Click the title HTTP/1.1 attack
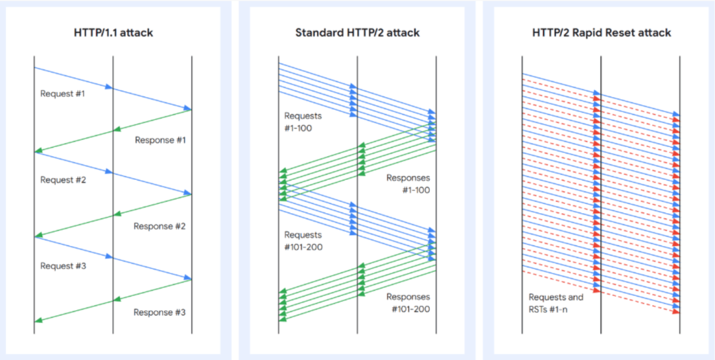point(113,33)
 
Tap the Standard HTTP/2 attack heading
point(358,33)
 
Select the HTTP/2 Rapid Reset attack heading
point(601,33)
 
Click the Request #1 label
point(63,93)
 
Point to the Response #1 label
point(160,140)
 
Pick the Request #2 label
point(63,179)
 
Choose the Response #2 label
point(160,226)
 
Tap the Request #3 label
point(63,266)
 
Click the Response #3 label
point(160,312)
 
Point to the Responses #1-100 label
point(408,184)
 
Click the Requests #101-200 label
point(303,241)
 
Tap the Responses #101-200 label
point(408,303)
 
